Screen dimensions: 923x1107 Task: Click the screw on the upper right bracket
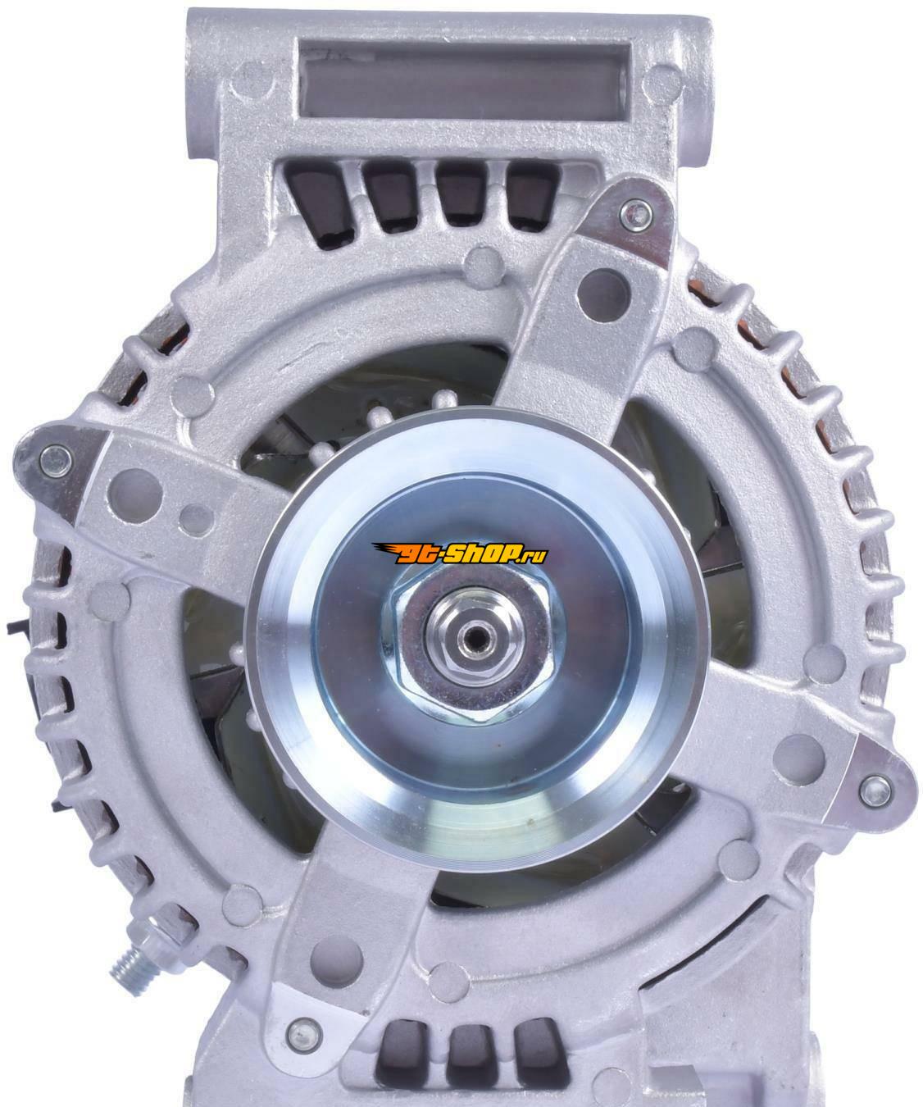click(635, 215)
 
